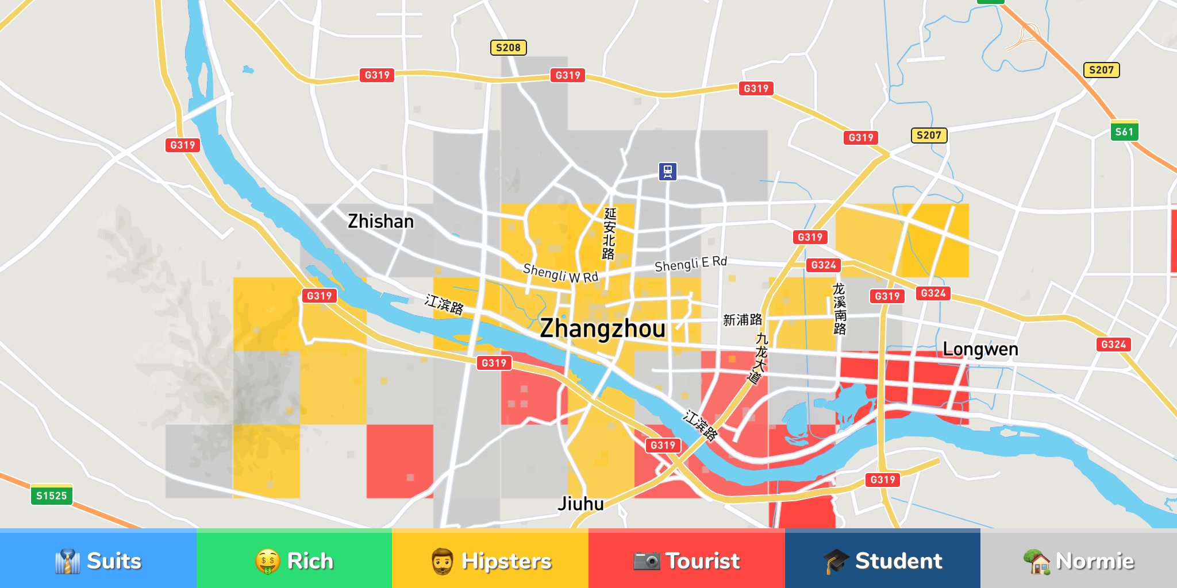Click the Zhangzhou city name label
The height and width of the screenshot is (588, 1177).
click(x=602, y=328)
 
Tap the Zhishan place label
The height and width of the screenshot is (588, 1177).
click(x=380, y=222)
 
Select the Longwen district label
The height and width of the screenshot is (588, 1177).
click(x=980, y=349)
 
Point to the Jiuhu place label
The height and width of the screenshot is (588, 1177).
click(x=580, y=504)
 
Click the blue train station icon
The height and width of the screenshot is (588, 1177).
click(x=667, y=171)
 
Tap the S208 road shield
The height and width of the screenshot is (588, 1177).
click(x=508, y=48)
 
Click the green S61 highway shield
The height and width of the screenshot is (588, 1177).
click(x=1124, y=131)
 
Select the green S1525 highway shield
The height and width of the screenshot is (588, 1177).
click(x=51, y=496)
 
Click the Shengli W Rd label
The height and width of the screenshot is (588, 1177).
click(x=560, y=273)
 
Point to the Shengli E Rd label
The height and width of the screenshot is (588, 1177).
click(x=691, y=264)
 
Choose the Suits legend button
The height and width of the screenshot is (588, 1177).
click(x=98, y=560)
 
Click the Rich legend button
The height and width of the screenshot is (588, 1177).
click(x=294, y=560)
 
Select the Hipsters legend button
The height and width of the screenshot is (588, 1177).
click(x=490, y=560)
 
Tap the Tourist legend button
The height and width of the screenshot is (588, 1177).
click(x=686, y=560)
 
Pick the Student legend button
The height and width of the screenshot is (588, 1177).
click(x=882, y=560)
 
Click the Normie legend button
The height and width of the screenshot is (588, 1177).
click(x=1079, y=560)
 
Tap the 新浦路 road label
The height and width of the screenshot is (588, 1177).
click(x=743, y=320)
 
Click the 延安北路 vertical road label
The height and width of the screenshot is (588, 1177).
click(x=609, y=234)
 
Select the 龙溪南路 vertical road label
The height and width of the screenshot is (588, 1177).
click(x=840, y=309)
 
